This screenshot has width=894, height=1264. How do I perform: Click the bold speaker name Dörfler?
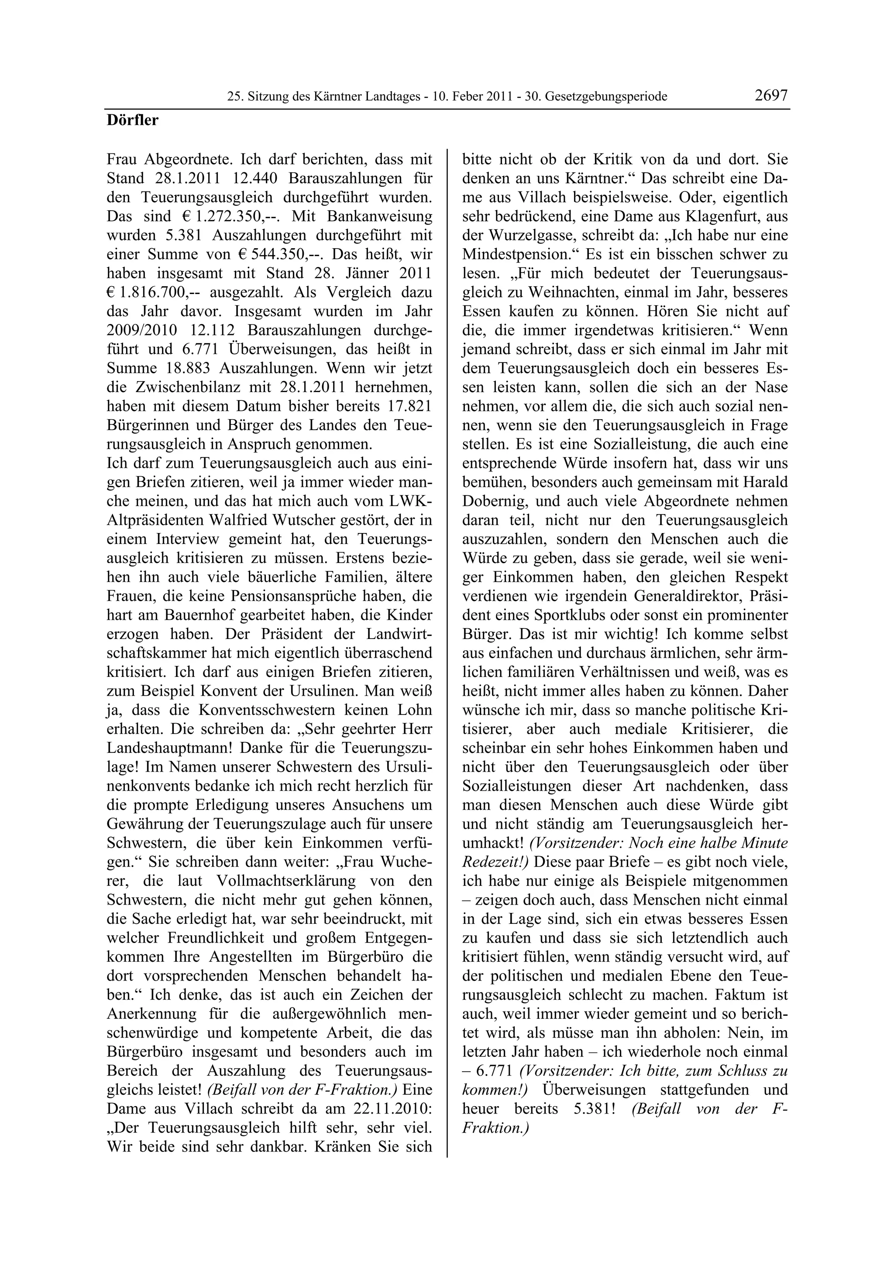[x=132, y=120]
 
